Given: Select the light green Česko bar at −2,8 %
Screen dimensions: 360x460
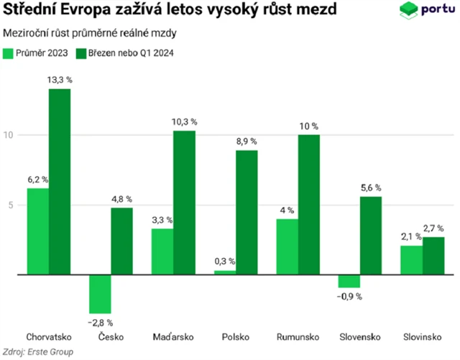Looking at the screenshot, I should (x=100, y=294).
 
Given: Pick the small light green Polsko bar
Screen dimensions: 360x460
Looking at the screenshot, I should (x=224, y=272).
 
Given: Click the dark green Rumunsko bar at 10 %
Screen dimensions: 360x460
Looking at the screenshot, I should (x=308, y=204).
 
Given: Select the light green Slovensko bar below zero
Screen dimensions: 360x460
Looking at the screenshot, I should (x=349, y=280).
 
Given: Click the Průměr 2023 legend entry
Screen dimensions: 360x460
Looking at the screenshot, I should (x=38, y=52).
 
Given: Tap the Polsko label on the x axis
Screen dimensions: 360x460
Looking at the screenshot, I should (x=236, y=336).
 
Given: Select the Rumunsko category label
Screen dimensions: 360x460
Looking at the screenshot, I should (x=298, y=336).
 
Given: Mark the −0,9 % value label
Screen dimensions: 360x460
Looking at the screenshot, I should (x=349, y=296).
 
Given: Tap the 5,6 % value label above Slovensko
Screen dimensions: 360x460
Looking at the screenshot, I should (x=371, y=189).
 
